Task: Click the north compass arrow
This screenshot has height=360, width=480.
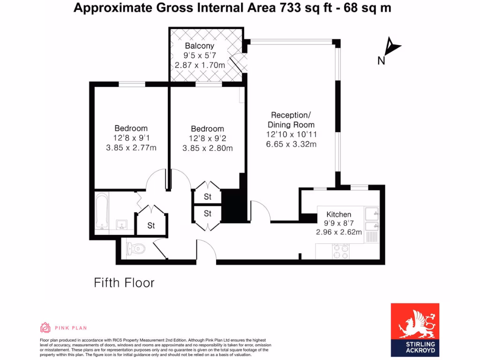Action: coord(392,47)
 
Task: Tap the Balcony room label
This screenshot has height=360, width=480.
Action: coord(199,46)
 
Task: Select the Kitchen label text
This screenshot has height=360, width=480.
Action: coord(338,214)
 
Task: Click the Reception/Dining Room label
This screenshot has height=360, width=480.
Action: coord(291,120)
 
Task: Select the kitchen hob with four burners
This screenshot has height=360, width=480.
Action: coord(340,252)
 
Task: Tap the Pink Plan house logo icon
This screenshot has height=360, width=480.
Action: coord(45,328)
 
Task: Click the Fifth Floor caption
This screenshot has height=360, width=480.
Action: coord(124,283)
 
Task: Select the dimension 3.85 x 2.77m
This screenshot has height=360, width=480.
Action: coord(131,148)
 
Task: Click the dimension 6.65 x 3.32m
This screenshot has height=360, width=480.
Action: coord(291,144)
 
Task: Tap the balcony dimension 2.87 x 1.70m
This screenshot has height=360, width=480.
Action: coord(200,65)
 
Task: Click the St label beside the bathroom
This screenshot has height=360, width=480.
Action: coord(151,225)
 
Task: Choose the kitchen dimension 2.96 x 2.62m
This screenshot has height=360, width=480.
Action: coord(339,232)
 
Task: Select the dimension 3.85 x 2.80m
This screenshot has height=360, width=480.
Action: coord(208,148)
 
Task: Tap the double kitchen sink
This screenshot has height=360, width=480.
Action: coord(373,219)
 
